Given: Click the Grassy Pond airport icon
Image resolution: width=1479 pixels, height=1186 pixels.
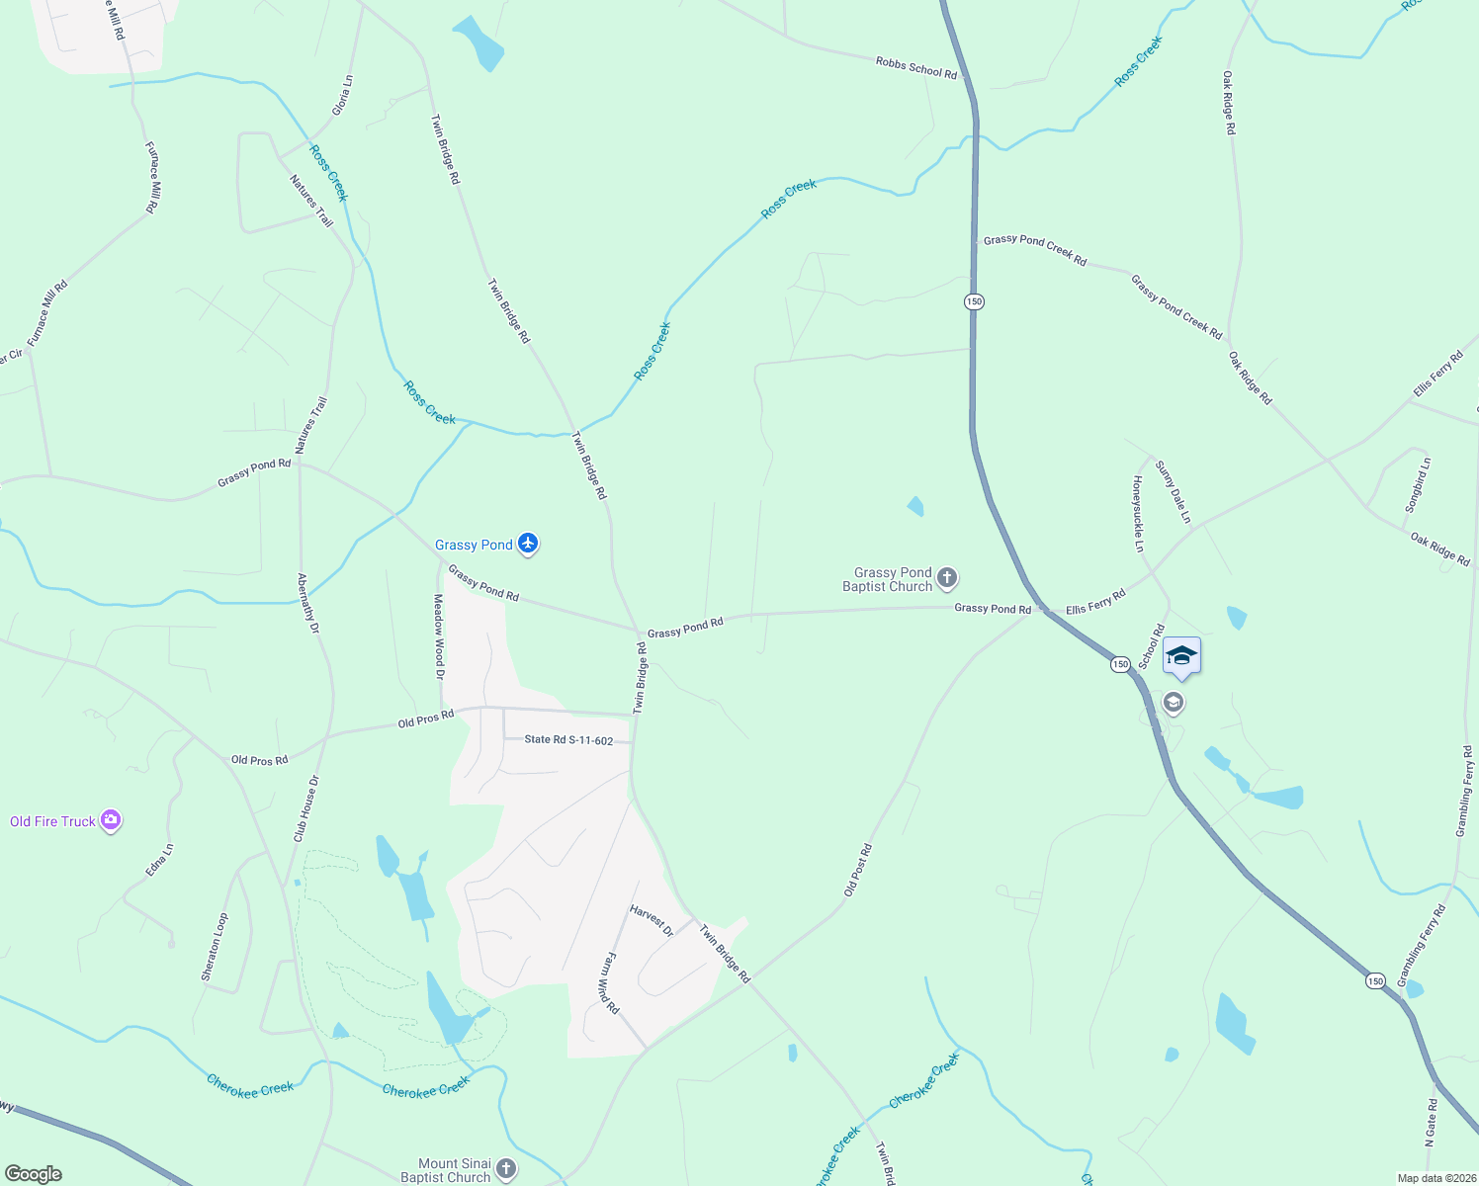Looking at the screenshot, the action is point(528,544).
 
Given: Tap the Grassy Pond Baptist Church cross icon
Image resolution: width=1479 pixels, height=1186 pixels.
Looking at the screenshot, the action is point(947,578).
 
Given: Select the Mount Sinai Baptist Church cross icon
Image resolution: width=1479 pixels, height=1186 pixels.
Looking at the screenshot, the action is point(505,1169).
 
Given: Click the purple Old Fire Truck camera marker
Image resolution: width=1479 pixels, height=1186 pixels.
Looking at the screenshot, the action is point(111,820).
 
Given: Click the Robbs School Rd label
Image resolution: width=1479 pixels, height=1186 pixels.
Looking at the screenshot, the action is point(916,67).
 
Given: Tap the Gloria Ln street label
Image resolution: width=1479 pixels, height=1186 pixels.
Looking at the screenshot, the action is point(342,96).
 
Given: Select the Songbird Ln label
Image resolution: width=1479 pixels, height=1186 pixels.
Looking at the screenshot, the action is point(1418,484).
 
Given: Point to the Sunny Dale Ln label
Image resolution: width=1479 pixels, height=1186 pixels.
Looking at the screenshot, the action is point(1174,491).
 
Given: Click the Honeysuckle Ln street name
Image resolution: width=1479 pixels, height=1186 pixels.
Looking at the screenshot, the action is point(1138,514).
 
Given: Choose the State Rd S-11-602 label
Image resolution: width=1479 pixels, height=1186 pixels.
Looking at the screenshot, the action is point(568,740).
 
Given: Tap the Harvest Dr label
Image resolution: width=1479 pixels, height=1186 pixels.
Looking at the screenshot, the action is point(652,921).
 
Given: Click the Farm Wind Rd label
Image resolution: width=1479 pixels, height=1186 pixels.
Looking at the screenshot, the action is point(610,983).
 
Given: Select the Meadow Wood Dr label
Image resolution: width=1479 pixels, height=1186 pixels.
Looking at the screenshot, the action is point(439,636).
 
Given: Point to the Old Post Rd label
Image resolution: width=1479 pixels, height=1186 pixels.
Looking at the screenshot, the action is point(857,870).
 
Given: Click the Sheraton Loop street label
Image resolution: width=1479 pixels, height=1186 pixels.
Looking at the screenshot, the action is point(215,947).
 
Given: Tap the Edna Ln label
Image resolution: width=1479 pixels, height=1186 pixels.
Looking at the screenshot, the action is point(159,859).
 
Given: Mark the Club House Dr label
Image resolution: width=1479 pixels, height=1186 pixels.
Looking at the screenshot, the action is point(305,809).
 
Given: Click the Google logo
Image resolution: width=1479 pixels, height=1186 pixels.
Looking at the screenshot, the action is point(34,1174).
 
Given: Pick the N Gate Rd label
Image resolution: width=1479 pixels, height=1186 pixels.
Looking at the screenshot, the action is point(1431,1121).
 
